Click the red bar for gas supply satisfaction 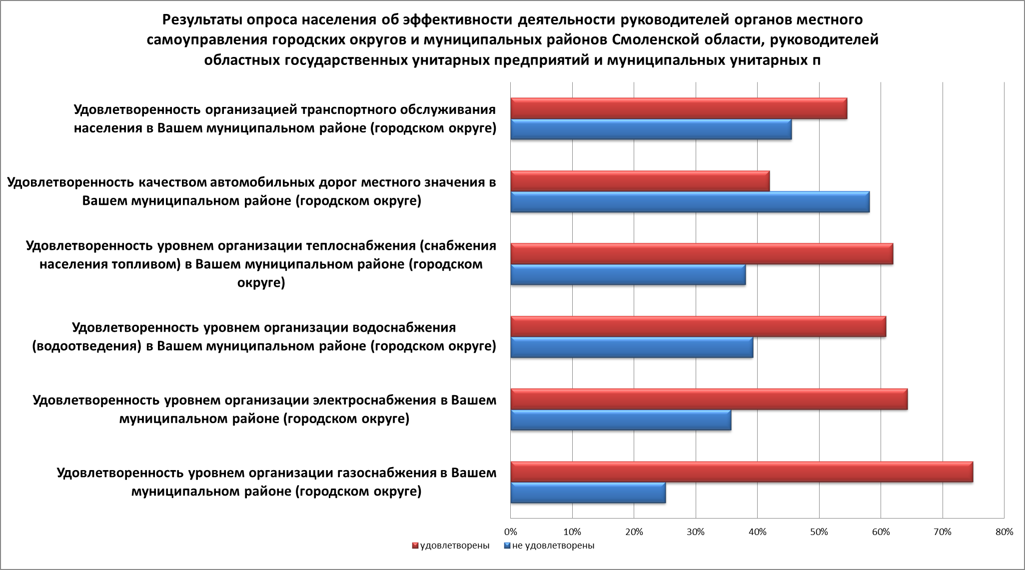pyautogui.click(x=742, y=472)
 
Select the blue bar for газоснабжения pyautogui.click(x=588, y=493)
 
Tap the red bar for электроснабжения pyautogui.click(x=709, y=399)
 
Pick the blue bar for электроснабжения pyautogui.click(x=621, y=420)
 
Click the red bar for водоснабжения pyautogui.click(x=698, y=327)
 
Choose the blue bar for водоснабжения pyautogui.click(x=632, y=347)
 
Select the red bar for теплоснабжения pyautogui.click(x=702, y=254)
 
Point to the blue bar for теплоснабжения pyautogui.click(x=628, y=275)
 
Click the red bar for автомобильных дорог pyautogui.click(x=640, y=181)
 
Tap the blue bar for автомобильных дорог pyautogui.click(x=690, y=202)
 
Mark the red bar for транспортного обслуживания pyautogui.click(x=679, y=108)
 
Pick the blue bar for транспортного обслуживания pyautogui.click(x=651, y=129)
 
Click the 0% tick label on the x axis pyautogui.click(x=510, y=532)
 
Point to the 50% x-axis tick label pyautogui.click(x=819, y=532)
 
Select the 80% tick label pyautogui.click(x=1004, y=532)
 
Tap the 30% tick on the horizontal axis pyautogui.click(x=696, y=532)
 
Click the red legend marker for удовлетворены pyautogui.click(x=415, y=546)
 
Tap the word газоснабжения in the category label pyautogui.click(x=390, y=473)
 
